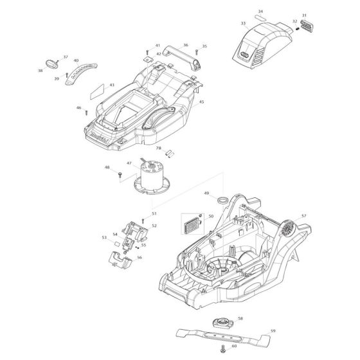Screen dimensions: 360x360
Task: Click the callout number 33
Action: [243, 23]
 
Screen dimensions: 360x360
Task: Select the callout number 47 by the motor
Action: [129, 164]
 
